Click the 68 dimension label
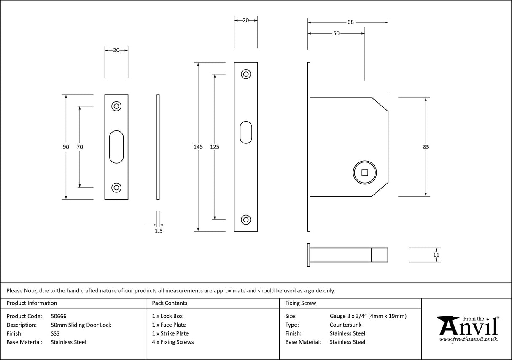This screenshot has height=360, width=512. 350,22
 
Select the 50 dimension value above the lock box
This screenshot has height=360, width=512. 336,34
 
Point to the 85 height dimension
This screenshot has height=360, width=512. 426,147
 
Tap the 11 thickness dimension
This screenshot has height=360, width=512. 436,255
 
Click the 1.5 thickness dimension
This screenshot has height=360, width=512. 159,231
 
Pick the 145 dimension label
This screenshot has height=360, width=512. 198,147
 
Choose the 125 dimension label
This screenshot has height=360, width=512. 215,147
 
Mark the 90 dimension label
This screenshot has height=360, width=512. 66,147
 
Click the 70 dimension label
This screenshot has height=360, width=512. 80,147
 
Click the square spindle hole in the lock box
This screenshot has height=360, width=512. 365,172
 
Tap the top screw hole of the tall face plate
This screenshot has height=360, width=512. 245,74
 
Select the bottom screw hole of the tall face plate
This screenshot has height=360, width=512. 245,219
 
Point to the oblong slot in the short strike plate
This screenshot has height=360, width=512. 116,147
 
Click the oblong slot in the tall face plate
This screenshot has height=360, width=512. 246,133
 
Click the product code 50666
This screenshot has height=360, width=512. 59,316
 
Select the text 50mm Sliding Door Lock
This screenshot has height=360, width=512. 81,325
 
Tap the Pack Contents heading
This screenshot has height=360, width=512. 170,303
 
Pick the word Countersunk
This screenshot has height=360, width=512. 345,325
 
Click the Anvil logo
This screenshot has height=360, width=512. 467,328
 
